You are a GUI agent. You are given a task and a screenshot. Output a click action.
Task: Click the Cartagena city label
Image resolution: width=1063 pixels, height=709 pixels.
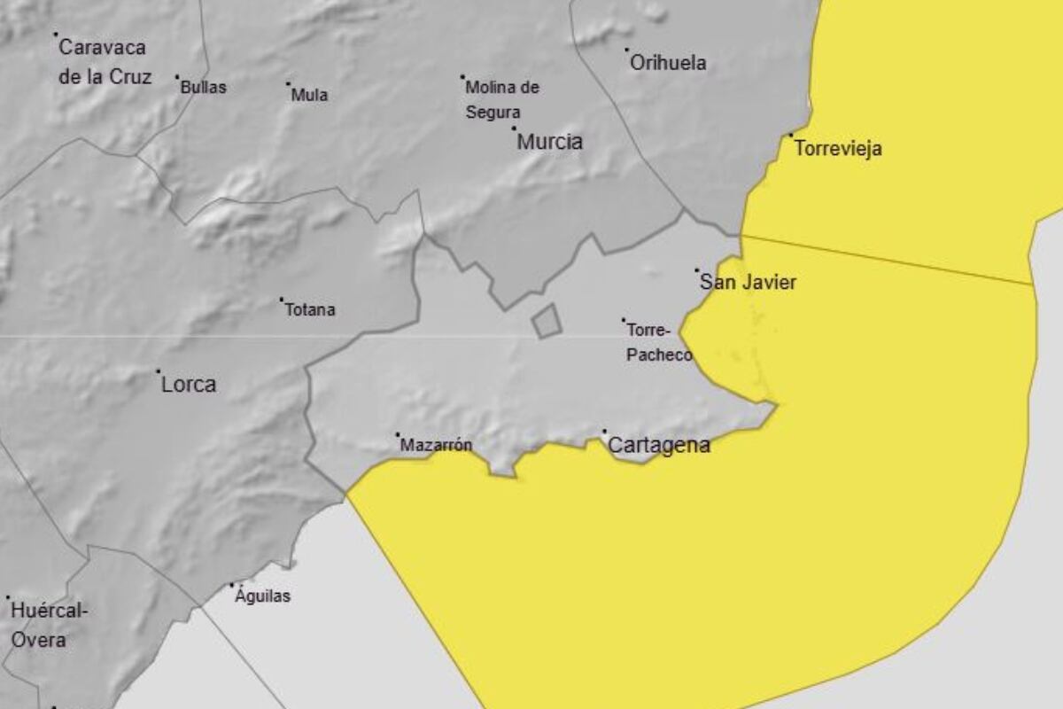660,446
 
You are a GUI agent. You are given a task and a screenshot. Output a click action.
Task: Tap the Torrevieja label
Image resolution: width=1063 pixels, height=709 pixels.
838,149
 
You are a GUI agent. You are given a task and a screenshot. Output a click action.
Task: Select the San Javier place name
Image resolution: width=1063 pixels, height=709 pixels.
749,283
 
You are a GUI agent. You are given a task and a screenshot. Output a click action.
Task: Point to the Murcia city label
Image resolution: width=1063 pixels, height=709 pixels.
550,142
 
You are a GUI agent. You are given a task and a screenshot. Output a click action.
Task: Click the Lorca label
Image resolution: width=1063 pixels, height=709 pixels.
189,385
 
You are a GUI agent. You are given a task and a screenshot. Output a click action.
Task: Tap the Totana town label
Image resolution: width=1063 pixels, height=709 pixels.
310,310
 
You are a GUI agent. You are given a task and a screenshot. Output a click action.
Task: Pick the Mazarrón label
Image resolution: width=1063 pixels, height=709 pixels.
437,446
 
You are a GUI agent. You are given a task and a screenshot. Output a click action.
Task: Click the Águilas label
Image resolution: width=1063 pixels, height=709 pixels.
263,596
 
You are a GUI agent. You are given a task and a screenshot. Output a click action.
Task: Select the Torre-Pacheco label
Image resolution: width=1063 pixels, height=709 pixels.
659,342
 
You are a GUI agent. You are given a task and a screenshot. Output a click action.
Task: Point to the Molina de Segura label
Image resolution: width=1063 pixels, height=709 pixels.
501,100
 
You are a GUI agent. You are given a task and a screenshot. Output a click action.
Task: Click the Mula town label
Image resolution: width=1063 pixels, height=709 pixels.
310,95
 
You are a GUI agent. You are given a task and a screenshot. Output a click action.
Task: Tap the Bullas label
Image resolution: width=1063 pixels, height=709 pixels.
203,88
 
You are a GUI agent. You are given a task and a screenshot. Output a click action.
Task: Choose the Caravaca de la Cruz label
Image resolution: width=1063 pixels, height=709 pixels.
105,62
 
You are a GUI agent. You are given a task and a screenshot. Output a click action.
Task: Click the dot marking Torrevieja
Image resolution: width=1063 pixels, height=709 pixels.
791,136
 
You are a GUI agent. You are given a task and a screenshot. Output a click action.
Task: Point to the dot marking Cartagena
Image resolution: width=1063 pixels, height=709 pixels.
605,432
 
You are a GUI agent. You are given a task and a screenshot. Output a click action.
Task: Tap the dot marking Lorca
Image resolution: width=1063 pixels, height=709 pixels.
159,371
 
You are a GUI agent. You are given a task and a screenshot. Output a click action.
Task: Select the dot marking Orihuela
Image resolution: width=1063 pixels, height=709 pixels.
626,50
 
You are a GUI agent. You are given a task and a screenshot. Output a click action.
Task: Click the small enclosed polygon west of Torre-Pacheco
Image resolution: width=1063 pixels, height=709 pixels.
547,321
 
